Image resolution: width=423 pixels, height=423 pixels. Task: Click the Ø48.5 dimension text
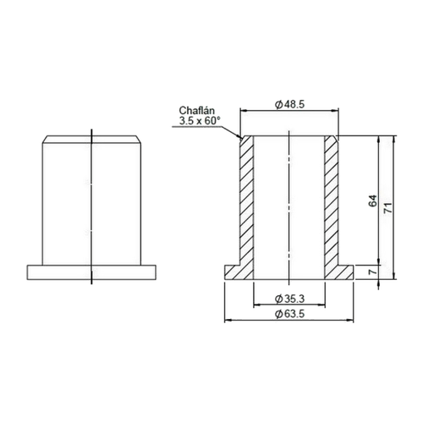pos(289,105)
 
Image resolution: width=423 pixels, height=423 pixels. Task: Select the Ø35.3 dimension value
pos(289,299)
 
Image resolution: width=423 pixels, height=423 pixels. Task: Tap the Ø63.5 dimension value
pos(289,314)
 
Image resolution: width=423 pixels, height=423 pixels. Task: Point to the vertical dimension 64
pos(373,201)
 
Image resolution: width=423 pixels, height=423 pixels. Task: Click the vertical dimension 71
pos(388,208)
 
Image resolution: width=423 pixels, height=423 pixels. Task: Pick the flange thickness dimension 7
pos(373,272)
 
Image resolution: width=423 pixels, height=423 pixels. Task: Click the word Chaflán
pos(197,110)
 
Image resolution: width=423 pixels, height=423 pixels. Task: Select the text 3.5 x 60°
pos(200,121)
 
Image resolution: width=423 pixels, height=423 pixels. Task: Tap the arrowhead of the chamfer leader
pos(240,138)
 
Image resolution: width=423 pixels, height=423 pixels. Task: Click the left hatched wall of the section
pos(247,201)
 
